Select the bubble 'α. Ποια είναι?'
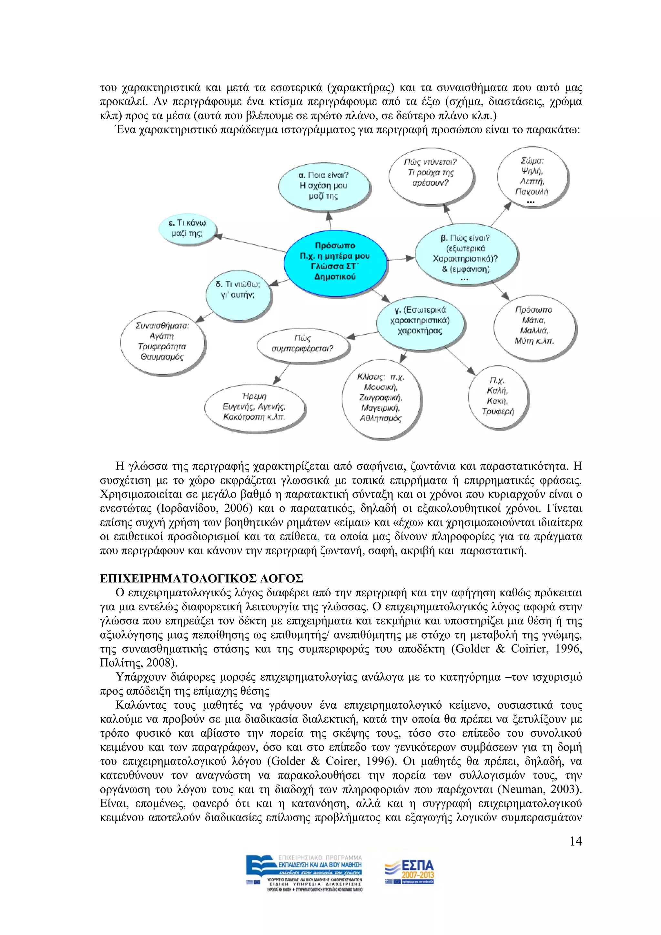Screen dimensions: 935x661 [324, 186]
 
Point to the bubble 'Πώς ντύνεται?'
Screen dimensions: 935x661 [430, 173]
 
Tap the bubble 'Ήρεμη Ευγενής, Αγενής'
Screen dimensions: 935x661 [254, 407]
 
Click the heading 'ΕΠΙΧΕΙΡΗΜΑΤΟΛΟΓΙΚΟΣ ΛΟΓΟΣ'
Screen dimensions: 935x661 [201, 579]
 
